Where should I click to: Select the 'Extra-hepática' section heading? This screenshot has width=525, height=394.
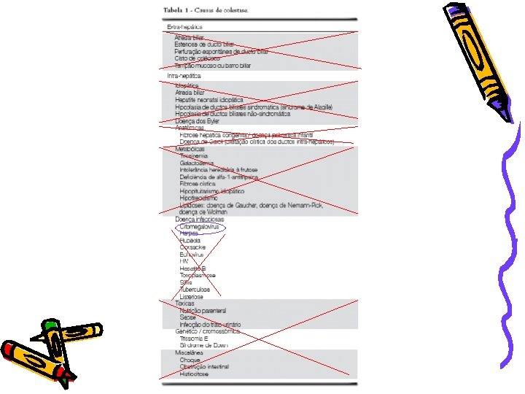pos(184,27)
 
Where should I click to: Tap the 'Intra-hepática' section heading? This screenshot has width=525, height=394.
pos(184,75)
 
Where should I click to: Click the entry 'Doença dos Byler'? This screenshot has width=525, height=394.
pos(197,121)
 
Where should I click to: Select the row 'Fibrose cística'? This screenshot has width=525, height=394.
pos(198,184)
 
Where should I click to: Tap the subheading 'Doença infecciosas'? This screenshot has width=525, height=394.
pos(199,220)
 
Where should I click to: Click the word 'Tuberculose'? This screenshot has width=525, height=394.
pos(195,290)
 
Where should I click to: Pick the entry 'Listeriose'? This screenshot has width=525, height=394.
pos(192,297)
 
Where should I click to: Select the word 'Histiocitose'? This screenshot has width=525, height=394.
pos(196,373)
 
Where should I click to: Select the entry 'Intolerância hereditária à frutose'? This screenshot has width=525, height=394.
pos(218,170)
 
